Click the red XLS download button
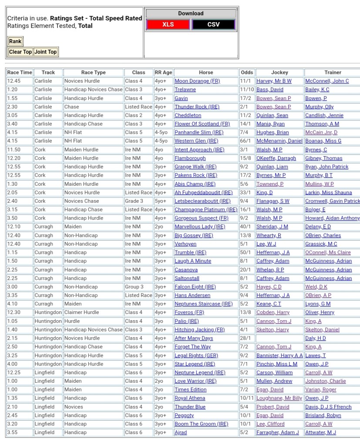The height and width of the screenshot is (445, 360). tap(168, 24)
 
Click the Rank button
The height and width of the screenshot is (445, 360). tap(15, 42)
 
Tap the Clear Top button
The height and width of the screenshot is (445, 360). tap(20, 52)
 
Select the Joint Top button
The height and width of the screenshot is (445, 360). tap(46, 52)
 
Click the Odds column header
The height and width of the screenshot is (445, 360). tap(246, 73)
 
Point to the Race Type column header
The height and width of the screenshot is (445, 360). tap(93, 73)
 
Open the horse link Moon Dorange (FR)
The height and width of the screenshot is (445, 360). tap(197, 81)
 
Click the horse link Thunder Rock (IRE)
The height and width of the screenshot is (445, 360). tap(197, 107)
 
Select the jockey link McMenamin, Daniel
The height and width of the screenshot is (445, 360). tap(279, 141)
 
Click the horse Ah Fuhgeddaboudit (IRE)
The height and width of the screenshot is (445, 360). tap(203, 192)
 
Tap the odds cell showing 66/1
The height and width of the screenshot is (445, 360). tap(245, 141)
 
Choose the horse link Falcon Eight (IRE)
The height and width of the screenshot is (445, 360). tap(195, 287)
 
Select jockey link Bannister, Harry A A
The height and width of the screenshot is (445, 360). tap(279, 355)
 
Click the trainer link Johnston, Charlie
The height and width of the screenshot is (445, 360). tap(326, 381)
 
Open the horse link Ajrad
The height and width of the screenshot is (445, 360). tap(181, 432)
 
